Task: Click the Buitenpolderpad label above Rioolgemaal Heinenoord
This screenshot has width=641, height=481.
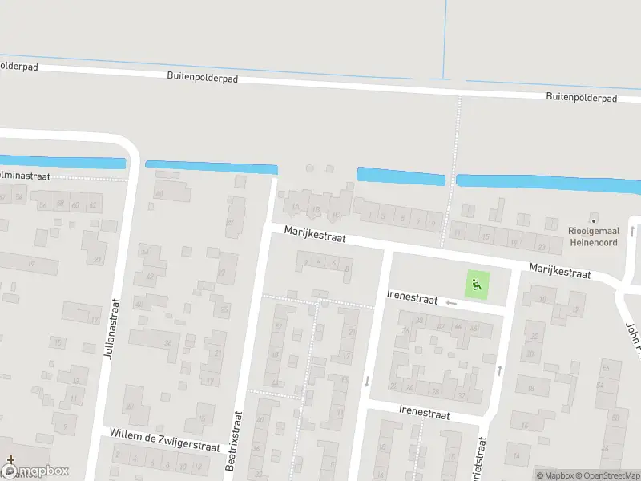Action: [x=581, y=97]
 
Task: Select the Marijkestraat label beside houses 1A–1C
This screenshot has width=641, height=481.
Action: [x=313, y=235]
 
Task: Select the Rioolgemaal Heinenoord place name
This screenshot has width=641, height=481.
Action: [x=592, y=236]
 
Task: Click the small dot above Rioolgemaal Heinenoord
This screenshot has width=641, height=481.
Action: [x=593, y=219]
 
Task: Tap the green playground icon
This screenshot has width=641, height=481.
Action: [x=477, y=282]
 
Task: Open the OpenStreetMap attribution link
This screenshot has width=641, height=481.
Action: [x=609, y=475]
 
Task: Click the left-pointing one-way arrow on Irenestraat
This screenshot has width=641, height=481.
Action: [x=451, y=302]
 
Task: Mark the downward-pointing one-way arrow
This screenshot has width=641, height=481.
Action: [x=367, y=380]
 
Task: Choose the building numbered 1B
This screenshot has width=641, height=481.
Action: [x=316, y=212]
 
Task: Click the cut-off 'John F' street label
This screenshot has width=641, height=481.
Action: [x=633, y=336]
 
